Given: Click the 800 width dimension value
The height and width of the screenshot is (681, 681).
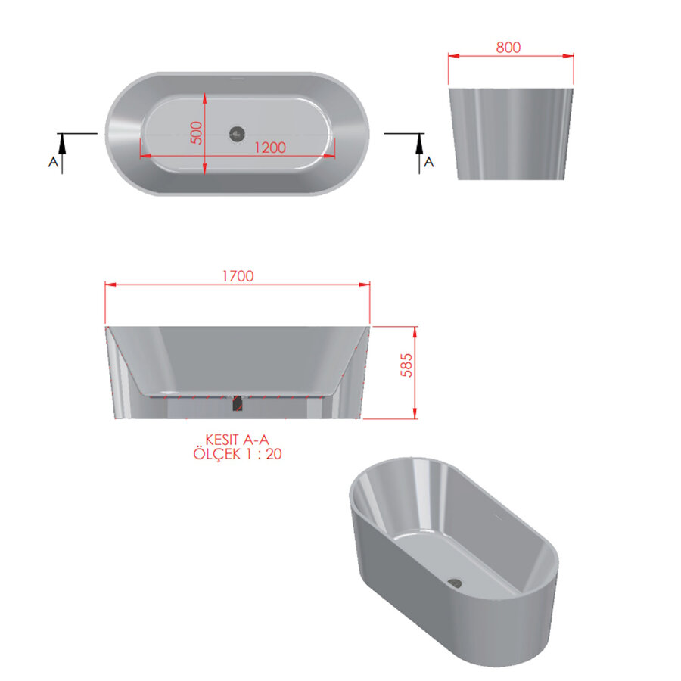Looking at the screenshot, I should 508,47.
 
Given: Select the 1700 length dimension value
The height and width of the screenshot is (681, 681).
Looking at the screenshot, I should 238,276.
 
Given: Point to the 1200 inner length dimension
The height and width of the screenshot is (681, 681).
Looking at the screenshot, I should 269,148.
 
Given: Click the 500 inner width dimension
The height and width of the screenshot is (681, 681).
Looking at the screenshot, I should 197,133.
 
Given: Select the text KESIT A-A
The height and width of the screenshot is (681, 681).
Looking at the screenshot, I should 238,440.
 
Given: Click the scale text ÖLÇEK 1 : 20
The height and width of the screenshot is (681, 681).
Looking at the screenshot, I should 238,454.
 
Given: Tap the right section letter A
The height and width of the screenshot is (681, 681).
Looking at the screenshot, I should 428,162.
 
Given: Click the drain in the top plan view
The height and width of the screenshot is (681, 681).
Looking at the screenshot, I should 238,133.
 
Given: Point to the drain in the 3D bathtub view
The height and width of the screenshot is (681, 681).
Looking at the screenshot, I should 456,582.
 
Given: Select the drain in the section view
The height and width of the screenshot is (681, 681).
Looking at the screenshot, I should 238,403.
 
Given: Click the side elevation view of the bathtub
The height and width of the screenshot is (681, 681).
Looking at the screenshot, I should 512,133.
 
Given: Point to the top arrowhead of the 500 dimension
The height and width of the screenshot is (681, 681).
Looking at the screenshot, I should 205,97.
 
